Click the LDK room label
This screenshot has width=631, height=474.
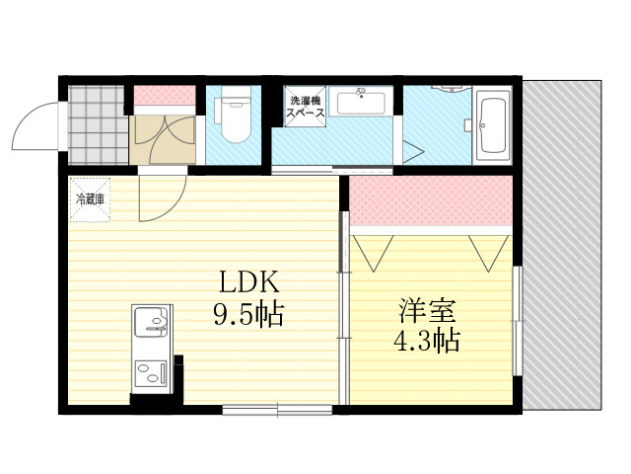click(x=248, y=281)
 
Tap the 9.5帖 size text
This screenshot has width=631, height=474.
click(x=248, y=314)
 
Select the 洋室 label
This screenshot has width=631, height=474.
click(x=427, y=310)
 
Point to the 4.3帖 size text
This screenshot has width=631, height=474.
click(x=426, y=341)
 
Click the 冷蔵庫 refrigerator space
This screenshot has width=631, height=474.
click(x=90, y=199)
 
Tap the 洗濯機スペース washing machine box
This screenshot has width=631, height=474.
click(x=305, y=107)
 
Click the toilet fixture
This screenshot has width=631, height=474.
click(x=236, y=115)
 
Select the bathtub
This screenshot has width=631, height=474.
click(x=493, y=125)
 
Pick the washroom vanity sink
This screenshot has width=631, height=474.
click(x=361, y=101)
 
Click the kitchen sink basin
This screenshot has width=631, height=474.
click(x=151, y=322)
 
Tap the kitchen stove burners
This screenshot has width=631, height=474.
click(x=151, y=373)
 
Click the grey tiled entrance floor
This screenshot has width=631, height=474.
click(x=96, y=125)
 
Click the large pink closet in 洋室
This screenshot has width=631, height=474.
click(x=430, y=200)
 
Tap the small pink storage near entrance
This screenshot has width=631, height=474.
click(x=165, y=96)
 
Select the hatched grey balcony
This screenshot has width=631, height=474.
click(x=562, y=245)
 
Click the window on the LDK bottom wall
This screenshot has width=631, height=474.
click(x=277, y=410)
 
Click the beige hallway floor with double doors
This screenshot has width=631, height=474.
click(x=162, y=139)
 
